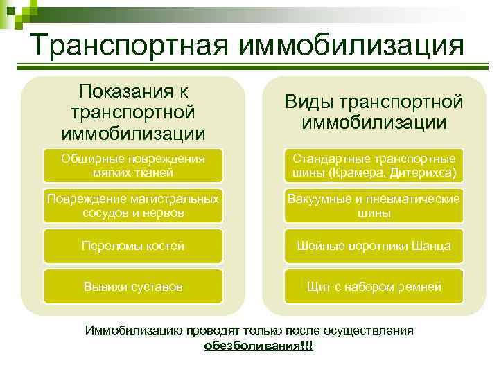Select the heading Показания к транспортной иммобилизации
pos(133,112)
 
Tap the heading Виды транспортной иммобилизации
pos(374,112)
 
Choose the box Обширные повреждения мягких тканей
pos(133,165)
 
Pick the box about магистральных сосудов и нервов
pos(133,206)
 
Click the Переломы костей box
pos(133,246)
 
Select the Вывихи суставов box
pos(133,286)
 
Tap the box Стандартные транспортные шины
pos(374,165)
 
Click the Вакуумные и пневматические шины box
pos(374,206)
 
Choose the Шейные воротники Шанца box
pos(374,246)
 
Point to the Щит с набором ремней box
pos(374,286)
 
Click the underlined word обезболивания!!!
pos(259,345)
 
